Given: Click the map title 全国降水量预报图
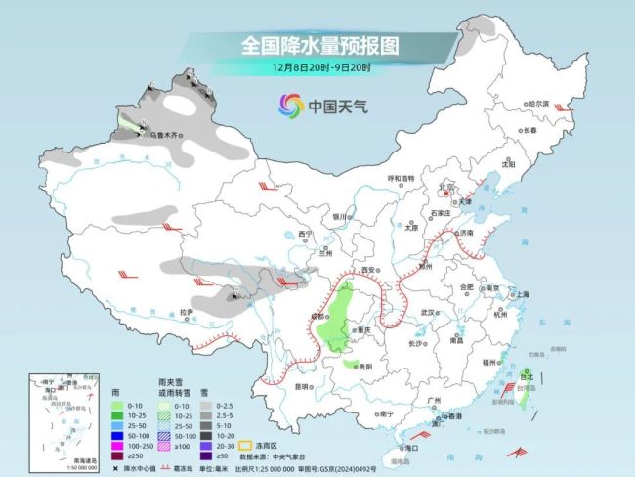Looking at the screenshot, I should (317, 46).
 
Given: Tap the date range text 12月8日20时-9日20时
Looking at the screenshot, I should (317, 68).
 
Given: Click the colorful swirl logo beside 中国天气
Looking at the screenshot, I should (290, 105).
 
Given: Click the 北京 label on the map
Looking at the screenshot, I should (448, 185).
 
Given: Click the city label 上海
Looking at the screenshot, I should (523, 293).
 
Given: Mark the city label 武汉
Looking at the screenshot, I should (426, 312).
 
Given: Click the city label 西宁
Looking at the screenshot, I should (305, 234).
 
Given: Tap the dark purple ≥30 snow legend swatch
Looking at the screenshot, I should (205, 455).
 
